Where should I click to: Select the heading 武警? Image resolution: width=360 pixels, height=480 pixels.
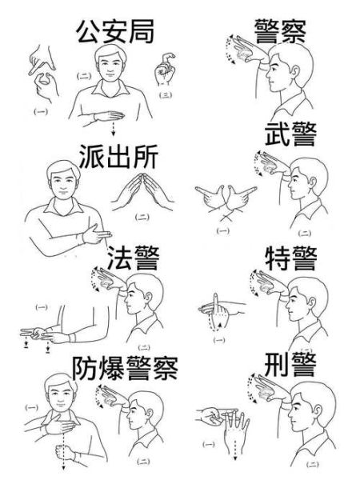[x=290, y=136]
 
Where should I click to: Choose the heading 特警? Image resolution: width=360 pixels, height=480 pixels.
[x=290, y=258]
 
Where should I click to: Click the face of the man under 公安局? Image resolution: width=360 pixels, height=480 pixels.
[x=110, y=63]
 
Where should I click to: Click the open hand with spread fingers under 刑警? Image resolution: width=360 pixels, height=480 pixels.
[x=234, y=427]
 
